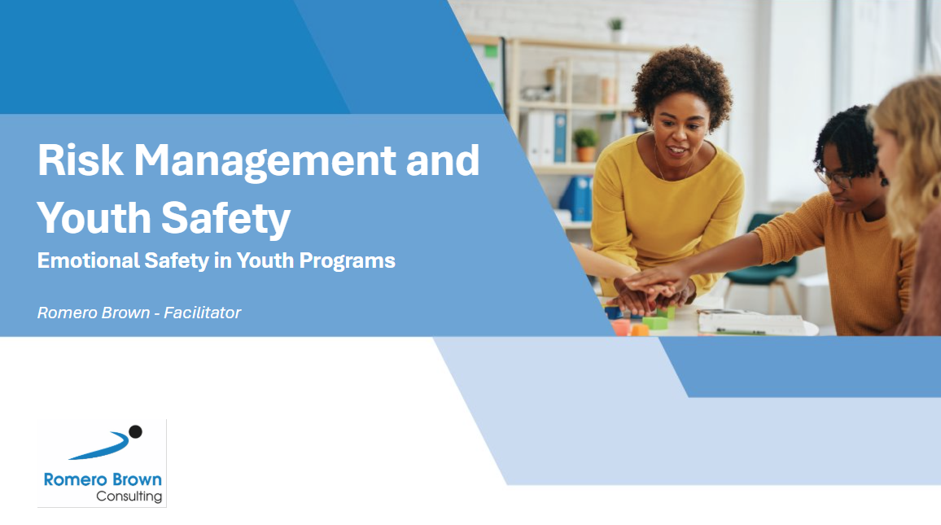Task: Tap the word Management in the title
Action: pos(264,162)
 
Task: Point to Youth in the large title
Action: pos(94,217)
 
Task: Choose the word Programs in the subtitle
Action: pos(347,261)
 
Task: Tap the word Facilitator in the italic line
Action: pos(202,313)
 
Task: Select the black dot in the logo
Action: pos(136,431)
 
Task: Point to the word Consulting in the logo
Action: pos(129,497)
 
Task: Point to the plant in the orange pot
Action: pos(585,145)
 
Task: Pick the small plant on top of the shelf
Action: pos(615,30)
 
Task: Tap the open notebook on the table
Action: pos(751,323)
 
